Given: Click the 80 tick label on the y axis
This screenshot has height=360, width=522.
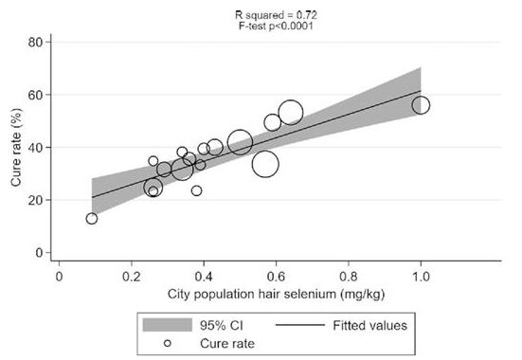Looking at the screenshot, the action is pos(36,43).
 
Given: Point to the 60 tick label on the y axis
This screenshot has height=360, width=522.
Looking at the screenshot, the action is pos(36,95).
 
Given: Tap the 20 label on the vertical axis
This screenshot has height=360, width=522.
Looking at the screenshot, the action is pos(36,200).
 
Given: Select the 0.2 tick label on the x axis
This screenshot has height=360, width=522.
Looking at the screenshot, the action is pos(132,277).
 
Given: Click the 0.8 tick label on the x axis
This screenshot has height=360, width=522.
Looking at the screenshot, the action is pos(349,277).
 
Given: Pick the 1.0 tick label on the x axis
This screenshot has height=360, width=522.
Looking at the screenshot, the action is pos(421,277).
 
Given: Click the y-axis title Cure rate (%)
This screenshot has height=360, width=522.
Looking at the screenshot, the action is pos(16,147).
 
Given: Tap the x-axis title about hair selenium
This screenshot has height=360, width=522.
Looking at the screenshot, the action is pos(276,294).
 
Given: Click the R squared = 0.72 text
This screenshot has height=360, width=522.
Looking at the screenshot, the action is pos(276,15).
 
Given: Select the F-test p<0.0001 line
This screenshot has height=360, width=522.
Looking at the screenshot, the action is pos(276,26).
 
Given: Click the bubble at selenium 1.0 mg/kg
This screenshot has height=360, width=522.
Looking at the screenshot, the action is pos(421,97).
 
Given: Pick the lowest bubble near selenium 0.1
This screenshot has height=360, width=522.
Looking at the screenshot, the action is pos(92,213).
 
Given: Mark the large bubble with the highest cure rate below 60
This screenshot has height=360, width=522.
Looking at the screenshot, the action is pos(291,99).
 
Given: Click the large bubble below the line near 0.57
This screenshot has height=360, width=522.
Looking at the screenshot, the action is pos(265,152).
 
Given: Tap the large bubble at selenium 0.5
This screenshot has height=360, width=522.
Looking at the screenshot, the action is pos(240,130).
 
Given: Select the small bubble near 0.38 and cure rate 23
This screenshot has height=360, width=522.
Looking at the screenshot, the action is pos(196,186).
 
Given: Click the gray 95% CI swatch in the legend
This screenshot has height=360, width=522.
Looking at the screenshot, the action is pos(168,325).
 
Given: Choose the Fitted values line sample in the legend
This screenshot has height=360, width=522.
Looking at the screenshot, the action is pos(300,325).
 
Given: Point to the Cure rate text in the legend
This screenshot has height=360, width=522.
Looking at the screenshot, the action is pos(227,343).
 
